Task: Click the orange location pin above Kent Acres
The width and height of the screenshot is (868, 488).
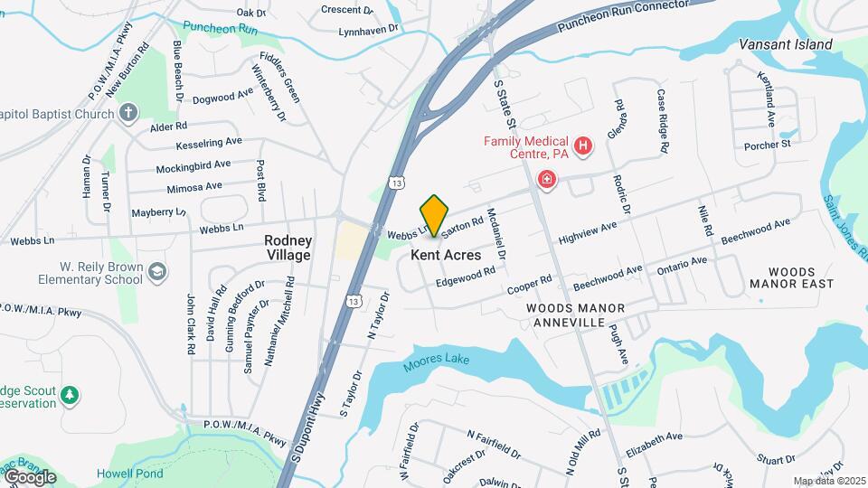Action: [435, 215]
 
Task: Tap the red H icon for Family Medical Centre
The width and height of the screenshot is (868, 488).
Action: [584, 145]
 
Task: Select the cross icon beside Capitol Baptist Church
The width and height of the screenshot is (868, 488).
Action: [128, 114]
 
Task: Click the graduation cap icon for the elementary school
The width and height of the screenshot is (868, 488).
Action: [157, 272]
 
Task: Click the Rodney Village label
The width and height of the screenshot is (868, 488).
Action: [288, 248]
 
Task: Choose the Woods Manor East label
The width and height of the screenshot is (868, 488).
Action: [791, 277]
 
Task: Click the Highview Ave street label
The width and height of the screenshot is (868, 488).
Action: [587, 232]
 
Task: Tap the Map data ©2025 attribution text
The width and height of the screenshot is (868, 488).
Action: [828, 481]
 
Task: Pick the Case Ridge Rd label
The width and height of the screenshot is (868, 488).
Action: [663, 120]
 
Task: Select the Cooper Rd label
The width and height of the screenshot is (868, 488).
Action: [529, 284]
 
